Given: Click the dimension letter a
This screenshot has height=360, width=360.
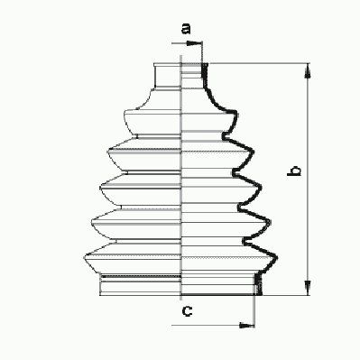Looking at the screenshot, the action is pyautogui.click(x=186, y=28).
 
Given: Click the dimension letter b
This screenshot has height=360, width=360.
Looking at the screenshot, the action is pyautogui.click(x=294, y=171).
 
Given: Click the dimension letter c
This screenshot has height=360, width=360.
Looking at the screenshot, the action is pyautogui.click(x=187, y=311).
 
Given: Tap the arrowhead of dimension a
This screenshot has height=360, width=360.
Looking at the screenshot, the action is pyautogui.click(x=194, y=43).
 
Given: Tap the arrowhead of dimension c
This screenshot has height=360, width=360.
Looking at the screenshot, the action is pyautogui.click(x=247, y=325).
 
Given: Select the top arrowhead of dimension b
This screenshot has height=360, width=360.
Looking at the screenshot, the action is pyautogui.click(x=308, y=71).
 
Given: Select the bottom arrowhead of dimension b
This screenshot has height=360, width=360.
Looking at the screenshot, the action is pyautogui.click(x=308, y=288).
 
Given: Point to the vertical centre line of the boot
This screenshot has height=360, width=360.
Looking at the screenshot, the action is pyautogui.click(x=181, y=178).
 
